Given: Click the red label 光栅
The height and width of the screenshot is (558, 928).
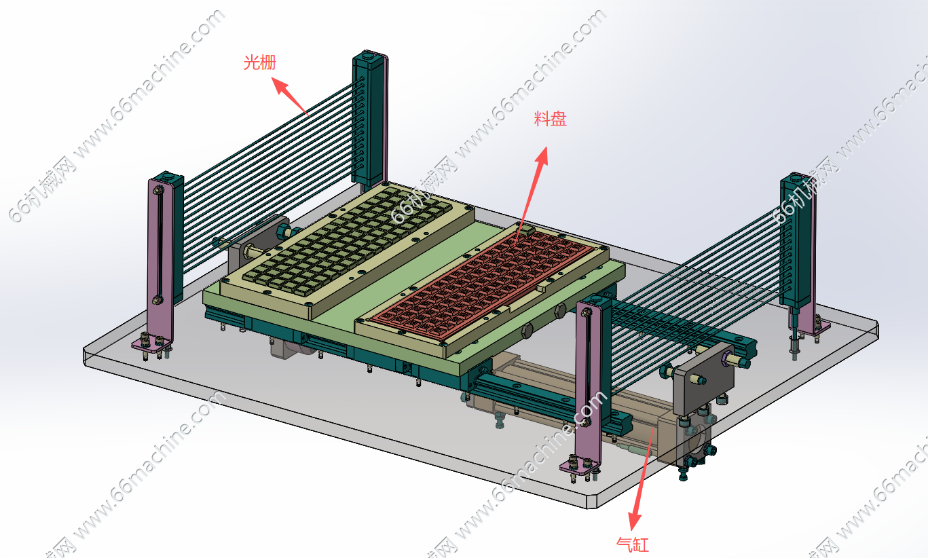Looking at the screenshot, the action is (260, 62).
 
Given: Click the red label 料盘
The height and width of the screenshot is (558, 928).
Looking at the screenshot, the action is (550, 119).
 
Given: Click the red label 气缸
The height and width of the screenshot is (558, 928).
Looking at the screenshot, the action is (633, 544).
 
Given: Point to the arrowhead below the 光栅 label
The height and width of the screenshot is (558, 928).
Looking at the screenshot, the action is (280, 86).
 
